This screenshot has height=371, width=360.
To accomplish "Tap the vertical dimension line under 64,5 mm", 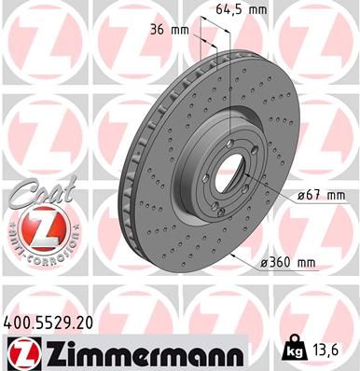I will pos(230,56).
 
